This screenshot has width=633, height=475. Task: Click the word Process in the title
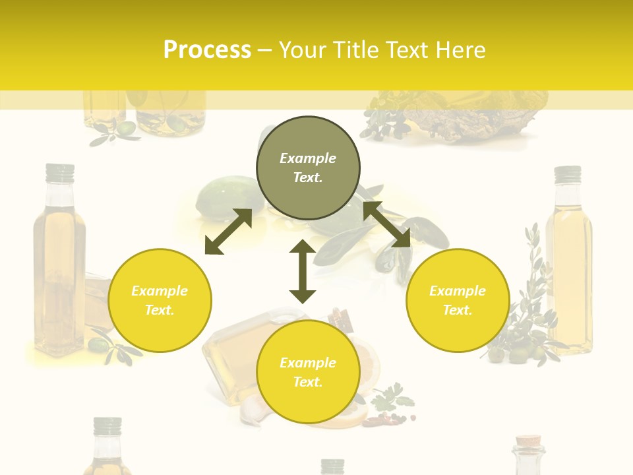pos(207,49)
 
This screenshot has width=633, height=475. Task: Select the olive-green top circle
pos(308,168)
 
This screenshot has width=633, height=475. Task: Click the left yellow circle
pos(160,300)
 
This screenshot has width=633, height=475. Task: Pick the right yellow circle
pos(458,300)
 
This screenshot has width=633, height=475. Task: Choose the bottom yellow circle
pos(308,372)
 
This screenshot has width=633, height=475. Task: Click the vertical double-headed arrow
pos(303,271)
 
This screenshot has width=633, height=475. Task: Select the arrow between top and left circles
pos(228,232)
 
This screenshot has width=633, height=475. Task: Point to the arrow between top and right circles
pos(386,224)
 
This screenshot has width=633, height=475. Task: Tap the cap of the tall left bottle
pos(59,172)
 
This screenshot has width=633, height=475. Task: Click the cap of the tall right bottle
pos(567,174)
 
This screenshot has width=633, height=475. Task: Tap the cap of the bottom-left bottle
pos(107,426)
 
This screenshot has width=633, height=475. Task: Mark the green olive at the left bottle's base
pos(100,343)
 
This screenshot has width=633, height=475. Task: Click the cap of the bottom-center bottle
pos(332,466)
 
